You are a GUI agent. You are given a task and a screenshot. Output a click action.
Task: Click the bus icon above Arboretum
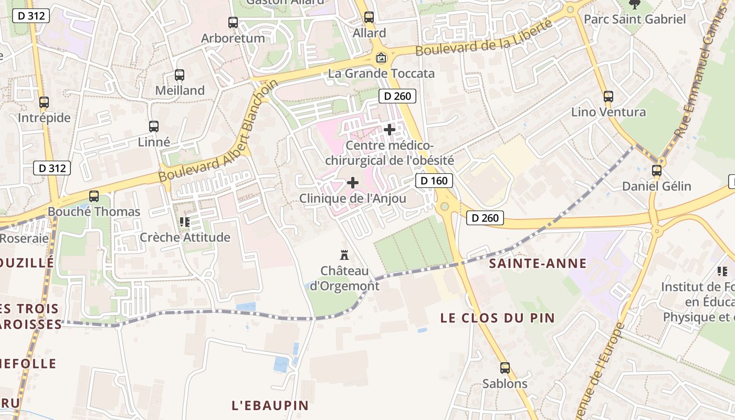(x=233, y=23)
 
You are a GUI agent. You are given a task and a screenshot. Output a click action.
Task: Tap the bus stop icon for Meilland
(x=180, y=75)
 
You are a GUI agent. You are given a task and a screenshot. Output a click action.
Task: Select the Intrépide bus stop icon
(x=44, y=102)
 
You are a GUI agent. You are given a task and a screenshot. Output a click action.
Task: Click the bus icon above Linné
(x=154, y=127)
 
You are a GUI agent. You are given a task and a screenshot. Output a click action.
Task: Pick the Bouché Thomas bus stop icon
(x=94, y=196)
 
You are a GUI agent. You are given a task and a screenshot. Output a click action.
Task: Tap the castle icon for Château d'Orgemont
(x=345, y=256)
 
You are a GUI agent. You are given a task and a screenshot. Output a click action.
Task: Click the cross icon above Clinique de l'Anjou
(x=353, y=183)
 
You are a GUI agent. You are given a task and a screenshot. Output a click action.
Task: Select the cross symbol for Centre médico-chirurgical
(x=390, y=129)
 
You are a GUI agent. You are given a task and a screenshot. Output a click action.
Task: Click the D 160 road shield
(x=434, y=181)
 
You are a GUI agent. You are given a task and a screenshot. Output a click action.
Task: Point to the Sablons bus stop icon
(x=505, y=368)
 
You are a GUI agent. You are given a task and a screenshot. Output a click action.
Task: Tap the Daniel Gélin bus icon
(x=657, y=171)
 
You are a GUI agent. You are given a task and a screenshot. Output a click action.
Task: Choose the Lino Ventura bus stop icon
(x=608, y=97)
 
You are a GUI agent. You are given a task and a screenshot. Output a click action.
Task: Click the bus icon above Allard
(x=369, y=17)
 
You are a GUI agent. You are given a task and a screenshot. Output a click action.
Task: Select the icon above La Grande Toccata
(x=381, y=58)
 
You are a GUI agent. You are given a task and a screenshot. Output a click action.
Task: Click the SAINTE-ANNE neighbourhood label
(x=538, y=264)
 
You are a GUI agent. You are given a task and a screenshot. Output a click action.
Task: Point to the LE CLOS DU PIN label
(x=497, y=318)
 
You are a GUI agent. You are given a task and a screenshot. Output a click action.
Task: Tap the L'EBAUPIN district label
(x=270, y=405)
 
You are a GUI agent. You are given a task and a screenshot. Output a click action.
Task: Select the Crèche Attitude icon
(x=185, y=222)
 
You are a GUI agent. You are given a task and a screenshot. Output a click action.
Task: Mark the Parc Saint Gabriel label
(x=635, y=19)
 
